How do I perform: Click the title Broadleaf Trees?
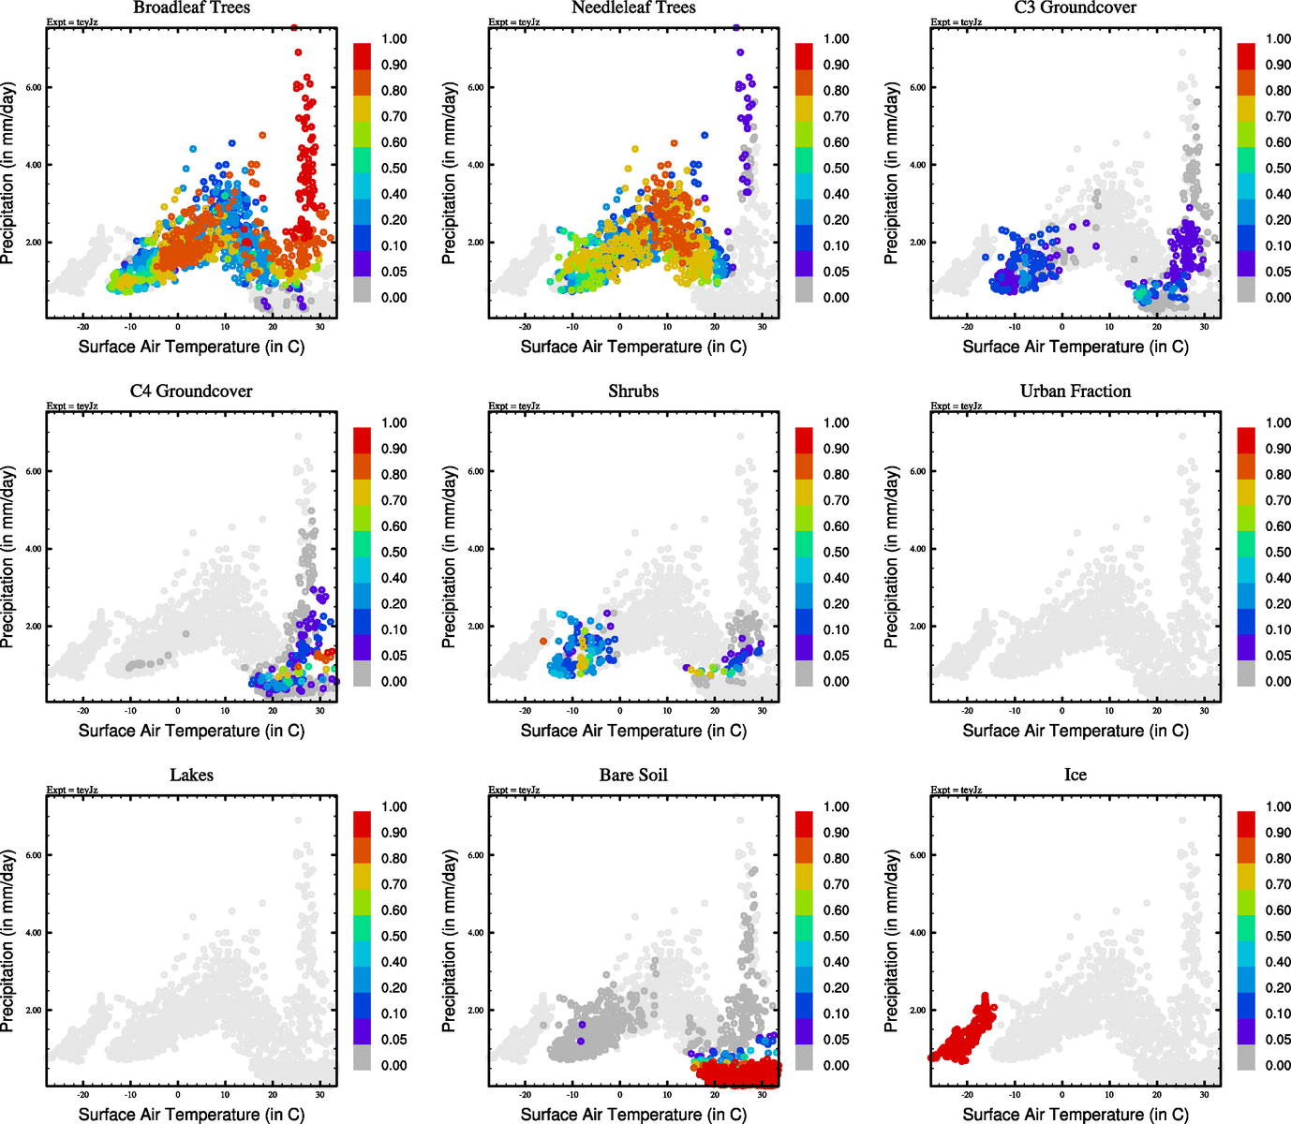coord(191,7)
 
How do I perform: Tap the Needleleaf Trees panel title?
coord(633,7)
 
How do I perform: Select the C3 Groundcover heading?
coord(1076,7)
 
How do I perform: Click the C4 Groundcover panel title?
coord(191,391)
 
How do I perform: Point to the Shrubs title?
coord(633,391)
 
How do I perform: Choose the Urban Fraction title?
coord(1076,391)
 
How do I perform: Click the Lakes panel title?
coord(191,775)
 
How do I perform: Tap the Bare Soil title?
coord(633,775)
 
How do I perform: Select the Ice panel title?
coord(1076,775)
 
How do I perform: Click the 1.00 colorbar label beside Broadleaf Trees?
coord(393,38)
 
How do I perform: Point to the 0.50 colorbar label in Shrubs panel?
coord(836,552)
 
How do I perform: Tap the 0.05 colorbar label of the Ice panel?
coord(1278,1039)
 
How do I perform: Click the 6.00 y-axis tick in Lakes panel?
coord(34,855)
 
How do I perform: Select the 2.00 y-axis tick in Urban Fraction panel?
coord(918,626)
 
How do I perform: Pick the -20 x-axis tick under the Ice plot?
coord(967,1095)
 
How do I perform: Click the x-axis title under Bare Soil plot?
coord(633,1114)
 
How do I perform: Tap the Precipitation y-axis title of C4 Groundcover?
coord(8,558)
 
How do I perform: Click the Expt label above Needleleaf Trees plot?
coord(513,22)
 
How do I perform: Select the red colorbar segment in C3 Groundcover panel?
coord(1246,56)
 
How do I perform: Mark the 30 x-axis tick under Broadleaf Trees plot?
coord(320,327)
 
